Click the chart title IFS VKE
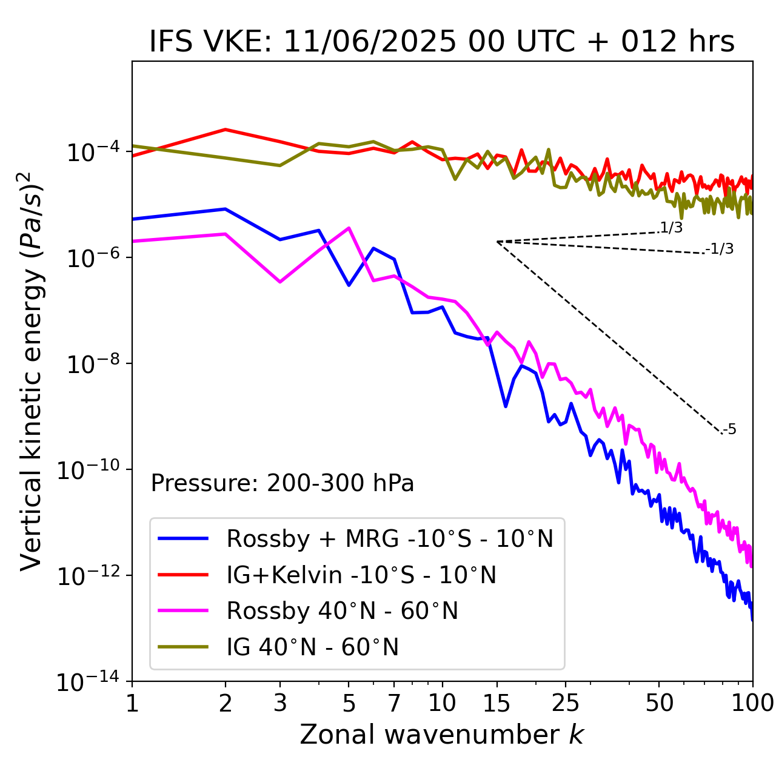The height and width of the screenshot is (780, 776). coord(442,42)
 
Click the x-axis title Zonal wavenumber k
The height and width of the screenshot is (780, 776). coord(441,735)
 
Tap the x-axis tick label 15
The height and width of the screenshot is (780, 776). coord(497,703)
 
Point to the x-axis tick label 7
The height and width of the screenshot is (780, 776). coord(395,703)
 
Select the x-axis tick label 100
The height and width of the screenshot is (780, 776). coord(752,703)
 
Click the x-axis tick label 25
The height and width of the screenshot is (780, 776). coord(566,703)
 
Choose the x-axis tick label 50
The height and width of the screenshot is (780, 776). coord(660,703)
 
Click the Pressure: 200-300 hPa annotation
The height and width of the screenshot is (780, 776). coord(283,483)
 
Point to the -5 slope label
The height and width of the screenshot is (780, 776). coord(729,430)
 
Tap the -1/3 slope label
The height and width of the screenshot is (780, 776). coord(720,249)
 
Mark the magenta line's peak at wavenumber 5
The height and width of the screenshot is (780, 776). coord(349,228)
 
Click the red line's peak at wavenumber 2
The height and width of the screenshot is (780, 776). coord(226,130)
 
